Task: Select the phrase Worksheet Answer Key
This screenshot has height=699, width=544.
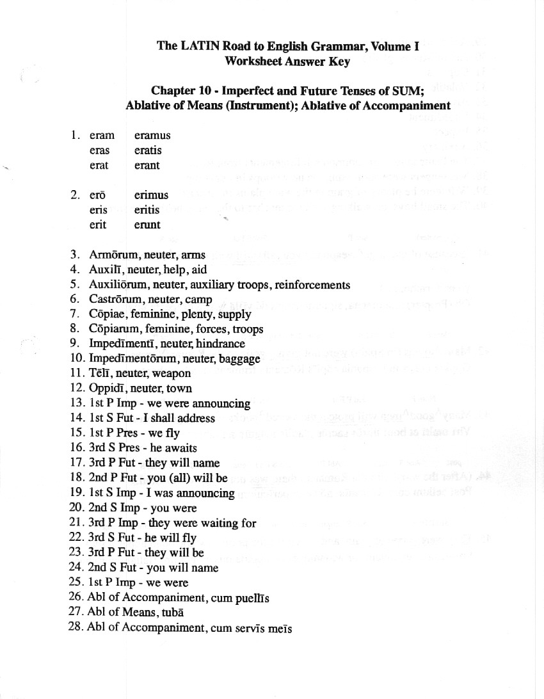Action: coord(287,61)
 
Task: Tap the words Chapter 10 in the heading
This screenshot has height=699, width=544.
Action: coord(182,91)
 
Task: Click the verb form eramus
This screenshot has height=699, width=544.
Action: coord(152,136)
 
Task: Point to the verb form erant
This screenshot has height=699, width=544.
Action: coord(147,166)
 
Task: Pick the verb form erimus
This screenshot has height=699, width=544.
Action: coord(152,195)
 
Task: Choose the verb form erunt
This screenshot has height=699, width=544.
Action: coord(147,225)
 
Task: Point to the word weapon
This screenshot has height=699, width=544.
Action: coord(172,374)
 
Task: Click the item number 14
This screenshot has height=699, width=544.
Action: coord(77,419)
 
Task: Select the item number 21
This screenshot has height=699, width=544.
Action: coord(77,523)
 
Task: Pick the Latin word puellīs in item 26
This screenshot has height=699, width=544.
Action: coord(253,599)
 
